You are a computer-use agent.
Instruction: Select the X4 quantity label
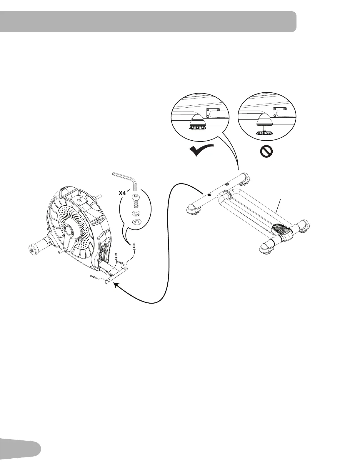[x=124, y=193]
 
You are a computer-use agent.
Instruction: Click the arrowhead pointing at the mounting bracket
[x=116, y=286]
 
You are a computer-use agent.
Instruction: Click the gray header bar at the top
[x=147, y=21]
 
